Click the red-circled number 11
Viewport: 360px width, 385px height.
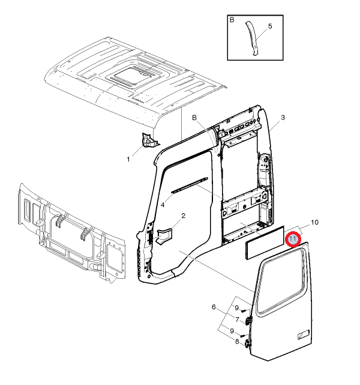tap(292, 239)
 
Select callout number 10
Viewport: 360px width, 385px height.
tap(314, 222)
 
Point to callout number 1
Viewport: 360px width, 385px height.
tap(128, 159)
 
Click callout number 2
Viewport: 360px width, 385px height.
tap(183, 216)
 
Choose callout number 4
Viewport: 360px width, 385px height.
tap(163, 205)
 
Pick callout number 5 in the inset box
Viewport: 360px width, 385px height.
tap(270, 26)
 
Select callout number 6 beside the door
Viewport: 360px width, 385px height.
tap(214, 308)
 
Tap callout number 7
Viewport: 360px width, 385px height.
tap(237, 320)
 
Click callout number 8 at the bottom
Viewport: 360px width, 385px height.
tap(237, 342)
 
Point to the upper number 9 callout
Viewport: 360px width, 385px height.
tap(237, 308)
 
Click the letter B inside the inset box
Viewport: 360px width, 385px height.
tap(232, 20)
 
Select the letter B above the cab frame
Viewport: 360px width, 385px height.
tap(194, 117)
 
